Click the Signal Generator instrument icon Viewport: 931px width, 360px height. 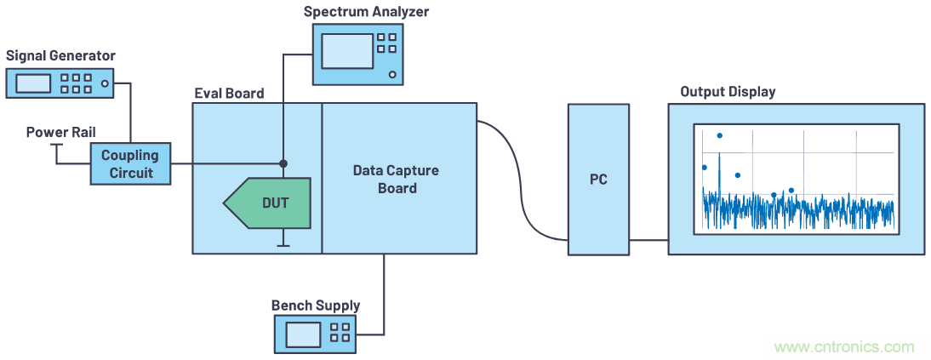point(59,83)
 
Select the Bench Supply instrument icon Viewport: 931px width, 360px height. point(315,334)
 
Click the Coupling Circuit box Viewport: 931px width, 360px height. point(129,163)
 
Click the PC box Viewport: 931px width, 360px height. point(598,179)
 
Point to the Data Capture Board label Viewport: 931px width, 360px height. point(397,179)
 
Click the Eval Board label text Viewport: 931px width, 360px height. point(229,93)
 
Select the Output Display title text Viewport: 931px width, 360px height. point(728,91)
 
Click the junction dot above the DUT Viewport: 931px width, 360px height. point(283,163)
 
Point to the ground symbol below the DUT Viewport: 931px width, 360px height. point(283,245)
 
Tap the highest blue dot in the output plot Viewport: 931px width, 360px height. point(719,135)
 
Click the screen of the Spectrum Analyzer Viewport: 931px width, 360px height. point(347,51)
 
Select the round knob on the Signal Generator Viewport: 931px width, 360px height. point(105,83)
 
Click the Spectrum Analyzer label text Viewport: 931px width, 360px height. point(366,12)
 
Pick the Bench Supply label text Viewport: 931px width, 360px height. point(315,305)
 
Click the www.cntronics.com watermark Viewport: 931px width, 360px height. point(844,346)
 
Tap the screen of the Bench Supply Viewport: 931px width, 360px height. point(303,334)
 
